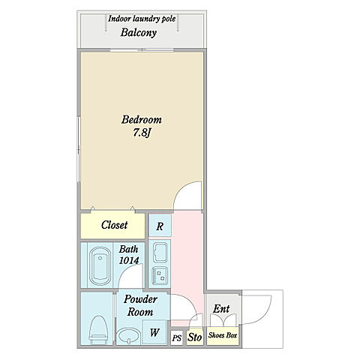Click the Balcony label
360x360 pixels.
click(x=139, y=33)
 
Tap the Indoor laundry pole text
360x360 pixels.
click(x=142, y=19)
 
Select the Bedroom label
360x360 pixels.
click(x=142, y=120)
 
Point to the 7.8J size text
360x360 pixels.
click(x=141, y=133)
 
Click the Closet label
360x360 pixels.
click(x=114, y=225)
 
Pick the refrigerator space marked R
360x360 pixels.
click(x=160, y=226)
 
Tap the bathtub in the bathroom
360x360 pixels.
click(x=100, y=266)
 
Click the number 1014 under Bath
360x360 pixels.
click(x=129, y=261)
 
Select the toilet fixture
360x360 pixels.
click(x=98, y=329)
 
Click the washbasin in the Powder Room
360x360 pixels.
click(x=129, y=336)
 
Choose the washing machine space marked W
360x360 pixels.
click(x=154, y=332)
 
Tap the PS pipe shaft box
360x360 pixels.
click(x=177, y=338)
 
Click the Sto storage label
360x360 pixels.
click(x=194, y=337)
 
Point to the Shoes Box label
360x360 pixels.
click(x=223, y=335)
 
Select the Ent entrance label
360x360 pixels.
click(x=221, y=309)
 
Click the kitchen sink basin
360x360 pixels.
click(x=160, y=252)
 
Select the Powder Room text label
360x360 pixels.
click(x=140, y=305)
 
